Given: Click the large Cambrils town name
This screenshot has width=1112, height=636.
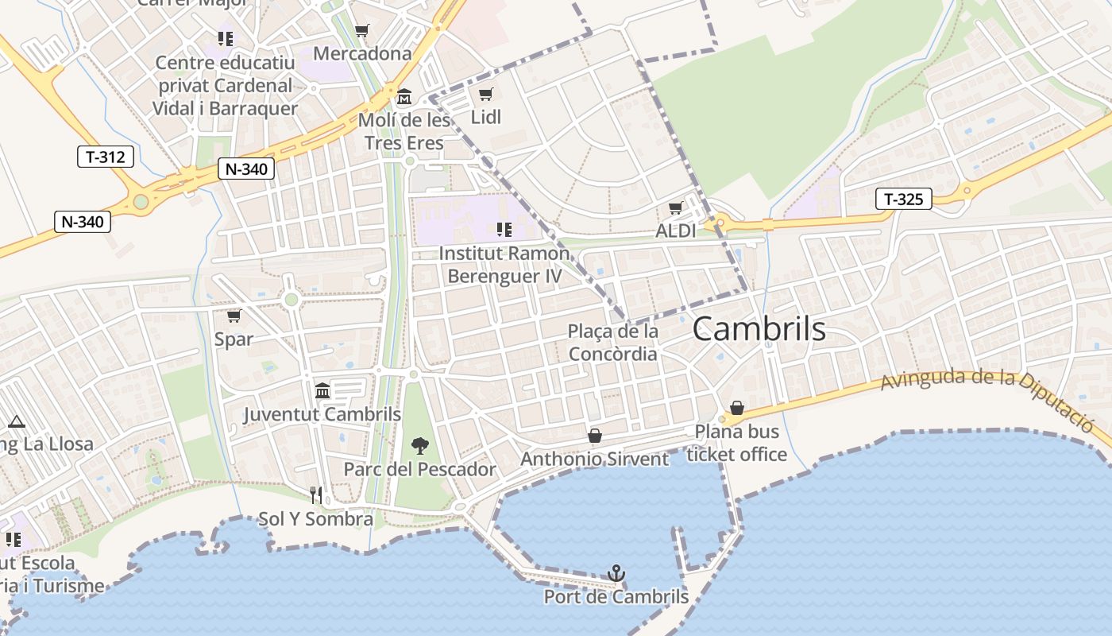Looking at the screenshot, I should (759, 328).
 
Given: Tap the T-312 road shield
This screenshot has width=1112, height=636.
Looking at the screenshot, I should (106, 157).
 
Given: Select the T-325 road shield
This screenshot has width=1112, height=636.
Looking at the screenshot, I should (904, 199).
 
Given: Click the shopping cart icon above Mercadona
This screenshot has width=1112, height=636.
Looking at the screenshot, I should (362, 31).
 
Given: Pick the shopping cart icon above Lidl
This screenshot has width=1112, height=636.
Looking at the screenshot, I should (485, 95).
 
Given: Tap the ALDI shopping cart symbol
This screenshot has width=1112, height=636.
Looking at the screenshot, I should (675, 208).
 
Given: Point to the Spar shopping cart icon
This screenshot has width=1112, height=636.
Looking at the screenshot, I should (234, 316).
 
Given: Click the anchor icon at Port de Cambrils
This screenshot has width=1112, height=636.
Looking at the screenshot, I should (616, 573).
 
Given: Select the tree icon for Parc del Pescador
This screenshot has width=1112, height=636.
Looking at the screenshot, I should (419, 446).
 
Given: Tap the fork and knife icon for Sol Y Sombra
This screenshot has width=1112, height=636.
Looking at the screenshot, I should (316, 495).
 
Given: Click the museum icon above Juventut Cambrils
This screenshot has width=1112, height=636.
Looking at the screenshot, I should (322, 390).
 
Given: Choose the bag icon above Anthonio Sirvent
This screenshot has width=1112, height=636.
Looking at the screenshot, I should (594, 436).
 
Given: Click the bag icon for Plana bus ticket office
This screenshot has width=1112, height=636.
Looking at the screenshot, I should (737, 408).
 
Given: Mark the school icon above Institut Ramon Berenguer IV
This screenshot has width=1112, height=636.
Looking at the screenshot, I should (504, 230).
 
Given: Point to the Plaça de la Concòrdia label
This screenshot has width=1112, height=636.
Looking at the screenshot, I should (612, 342).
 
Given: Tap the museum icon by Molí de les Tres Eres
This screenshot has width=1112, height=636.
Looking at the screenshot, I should (404, 97).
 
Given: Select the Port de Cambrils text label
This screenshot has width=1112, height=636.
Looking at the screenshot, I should (616, 596).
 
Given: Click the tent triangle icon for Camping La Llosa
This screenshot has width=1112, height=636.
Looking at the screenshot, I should (16, 422).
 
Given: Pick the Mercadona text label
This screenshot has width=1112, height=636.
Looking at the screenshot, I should (362, 54).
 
